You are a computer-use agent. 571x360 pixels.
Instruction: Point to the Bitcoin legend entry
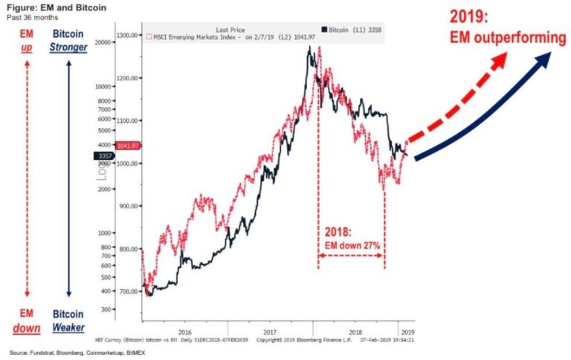[356, 28]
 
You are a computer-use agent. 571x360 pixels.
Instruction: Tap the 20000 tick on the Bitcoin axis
[101, 43]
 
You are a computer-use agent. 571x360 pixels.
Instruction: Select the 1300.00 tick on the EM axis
[127, 35]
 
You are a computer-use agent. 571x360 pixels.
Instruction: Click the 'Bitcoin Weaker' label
[68, 321]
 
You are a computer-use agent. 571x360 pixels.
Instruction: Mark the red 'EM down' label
[26, 321]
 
